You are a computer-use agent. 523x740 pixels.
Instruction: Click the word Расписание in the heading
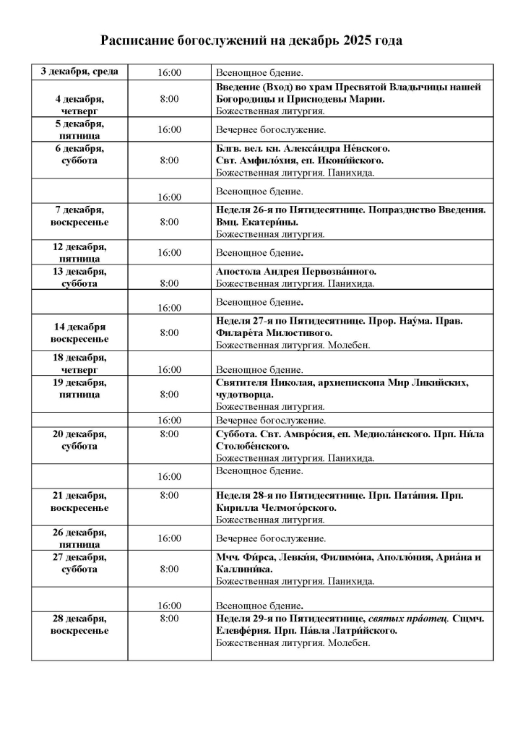click(135, 41)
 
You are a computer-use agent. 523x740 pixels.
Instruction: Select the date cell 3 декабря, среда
click(79, 72)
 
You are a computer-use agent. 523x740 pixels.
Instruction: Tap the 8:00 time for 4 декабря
click(169, 99)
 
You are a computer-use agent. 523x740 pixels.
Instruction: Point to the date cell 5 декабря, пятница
click(79, 129)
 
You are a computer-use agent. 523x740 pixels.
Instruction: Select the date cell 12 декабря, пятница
click(79, 252)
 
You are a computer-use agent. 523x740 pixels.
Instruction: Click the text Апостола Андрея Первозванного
click(295, 271)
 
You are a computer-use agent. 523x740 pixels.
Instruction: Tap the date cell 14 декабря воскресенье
click(79, 332)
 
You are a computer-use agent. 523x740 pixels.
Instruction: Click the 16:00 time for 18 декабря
click(169, 369)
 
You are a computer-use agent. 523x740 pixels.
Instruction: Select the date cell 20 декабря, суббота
click(79, 439)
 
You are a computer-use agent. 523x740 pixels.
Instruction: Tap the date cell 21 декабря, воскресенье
click(79, 502)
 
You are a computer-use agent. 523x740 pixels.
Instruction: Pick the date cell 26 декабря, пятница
click(79, 538)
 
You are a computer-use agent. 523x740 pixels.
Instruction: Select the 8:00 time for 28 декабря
click(169, 619)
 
